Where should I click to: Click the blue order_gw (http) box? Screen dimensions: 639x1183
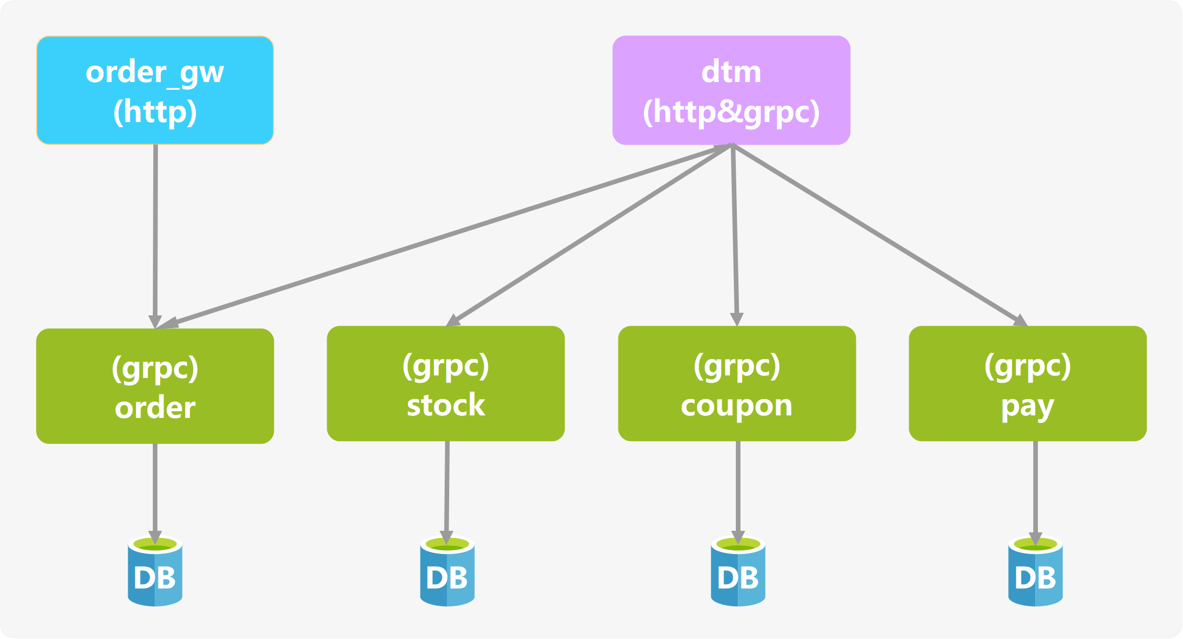(155, 90)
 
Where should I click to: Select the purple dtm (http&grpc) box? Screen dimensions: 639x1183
(731, 90)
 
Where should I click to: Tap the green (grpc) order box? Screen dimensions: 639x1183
(155, 386)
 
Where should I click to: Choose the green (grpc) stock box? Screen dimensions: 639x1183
(446, 383)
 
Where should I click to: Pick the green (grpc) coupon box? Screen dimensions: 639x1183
(737, 383)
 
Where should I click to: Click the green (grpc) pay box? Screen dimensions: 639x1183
(1028, 383)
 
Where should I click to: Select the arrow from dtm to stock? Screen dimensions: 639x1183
(590, 235)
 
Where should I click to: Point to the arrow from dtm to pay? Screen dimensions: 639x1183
(879, 235)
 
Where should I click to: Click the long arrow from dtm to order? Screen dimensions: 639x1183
(441, 237)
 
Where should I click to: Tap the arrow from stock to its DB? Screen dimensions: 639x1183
(447, 487)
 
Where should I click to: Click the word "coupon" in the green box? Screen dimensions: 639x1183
(736, 406)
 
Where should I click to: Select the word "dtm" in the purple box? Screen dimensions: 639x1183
(731, 72)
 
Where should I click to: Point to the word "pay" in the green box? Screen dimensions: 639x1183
(1027, 407)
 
